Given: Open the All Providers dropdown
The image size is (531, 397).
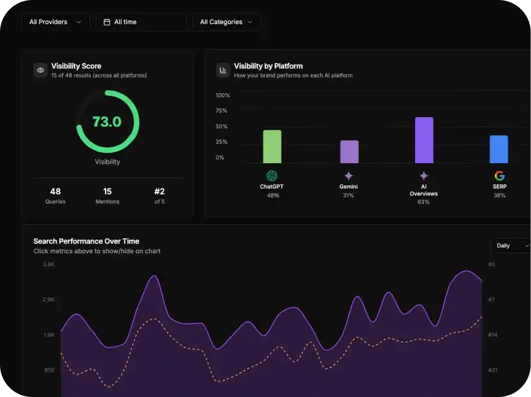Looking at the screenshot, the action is pyautogui.click(x=56, y=22).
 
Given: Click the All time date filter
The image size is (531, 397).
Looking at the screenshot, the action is pyautogui.click(x=142, y=22).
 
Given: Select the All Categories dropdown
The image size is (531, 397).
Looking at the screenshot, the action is pyautogui.click(x=227, y=22).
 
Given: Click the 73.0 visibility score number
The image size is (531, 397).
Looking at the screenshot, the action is pyautogui.click(x=107, y=122).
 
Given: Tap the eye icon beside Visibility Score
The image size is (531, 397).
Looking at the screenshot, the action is pyautogui.click(x=40, y=70).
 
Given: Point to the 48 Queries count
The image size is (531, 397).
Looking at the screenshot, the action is pyautogui.click(x=56, y=192).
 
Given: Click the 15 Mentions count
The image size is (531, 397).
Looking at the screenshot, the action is pyautogui.click(x=107, y=192).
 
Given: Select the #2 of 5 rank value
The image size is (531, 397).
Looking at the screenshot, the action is pyautogui.click(x=159, y=192).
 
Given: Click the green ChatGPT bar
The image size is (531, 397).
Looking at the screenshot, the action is pyautogui.click(x=272, y=146).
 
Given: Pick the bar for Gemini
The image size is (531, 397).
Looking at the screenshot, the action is pyautogui.click(x=350, y=152).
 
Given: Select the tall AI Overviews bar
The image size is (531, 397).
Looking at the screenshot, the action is pyautogui.click(x=424, y=141).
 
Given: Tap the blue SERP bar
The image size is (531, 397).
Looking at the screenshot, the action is pyautogui.click(x=499, y=150).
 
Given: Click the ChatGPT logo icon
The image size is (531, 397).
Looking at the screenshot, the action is pyautogui.click(x=271, y=176).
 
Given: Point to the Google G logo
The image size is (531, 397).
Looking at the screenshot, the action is pyautogui.click(x=499, y=176).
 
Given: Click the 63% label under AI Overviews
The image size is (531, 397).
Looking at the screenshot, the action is pyautogui.click(x=424, y=202).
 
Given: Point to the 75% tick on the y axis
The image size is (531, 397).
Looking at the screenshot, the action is pyautogui.click(x=221, y=111).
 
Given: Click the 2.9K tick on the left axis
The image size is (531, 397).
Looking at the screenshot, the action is pyautogui.click(x=49, y=299).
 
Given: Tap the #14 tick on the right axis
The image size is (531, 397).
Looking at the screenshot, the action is pyautogui.click(x=492, y=335).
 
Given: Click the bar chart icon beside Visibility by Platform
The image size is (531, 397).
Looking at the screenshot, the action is pyautogui.click(x=223, y=70).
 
